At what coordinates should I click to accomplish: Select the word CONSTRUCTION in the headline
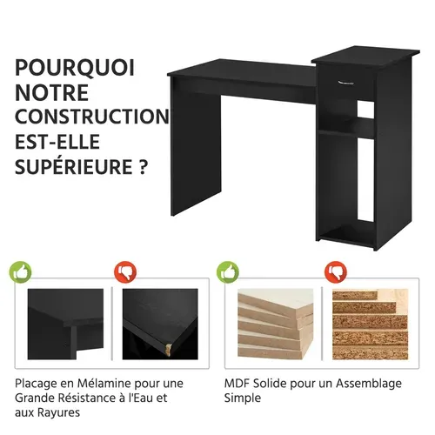click(91, 116)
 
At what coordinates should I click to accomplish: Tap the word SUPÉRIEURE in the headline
click(69, 165)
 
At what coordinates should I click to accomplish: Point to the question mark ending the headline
click(142, 165)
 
